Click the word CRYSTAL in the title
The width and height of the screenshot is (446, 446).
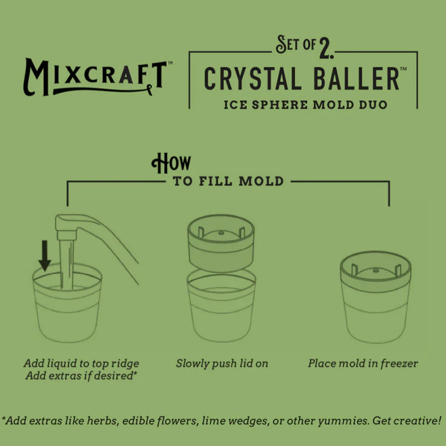pyautogui.click(x=253, y=78)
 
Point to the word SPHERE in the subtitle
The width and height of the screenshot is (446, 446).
pyautogui.click(x=280, y=105)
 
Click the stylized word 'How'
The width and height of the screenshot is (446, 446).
pyautogui.click(x=171, y=163)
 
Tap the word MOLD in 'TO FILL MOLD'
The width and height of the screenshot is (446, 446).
pyautogui.click(x=261, y=182)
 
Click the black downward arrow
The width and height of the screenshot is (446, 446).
pyautogui.click(x=45, y=256)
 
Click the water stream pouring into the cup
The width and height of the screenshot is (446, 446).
pyautogui.click(x=66, y=264)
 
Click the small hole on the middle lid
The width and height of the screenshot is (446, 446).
pyautogui.click(x=221, y=233)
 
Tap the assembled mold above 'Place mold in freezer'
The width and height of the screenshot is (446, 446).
pyautogui.click(x=376, y=297)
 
